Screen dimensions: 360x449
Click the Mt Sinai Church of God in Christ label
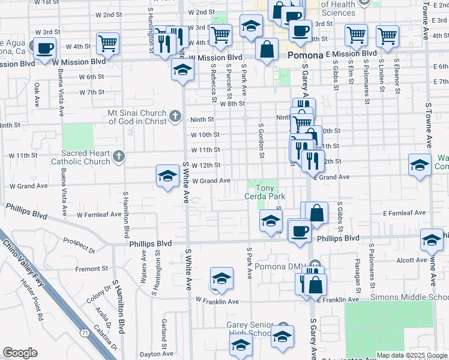coord(137,116)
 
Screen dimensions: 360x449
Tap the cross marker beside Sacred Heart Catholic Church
coord(119,157)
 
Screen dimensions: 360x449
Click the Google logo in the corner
coord(20,353)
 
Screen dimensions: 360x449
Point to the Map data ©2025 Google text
coord(412,355)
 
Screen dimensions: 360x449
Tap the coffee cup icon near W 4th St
coord(44,48)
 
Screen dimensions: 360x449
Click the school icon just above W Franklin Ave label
coord(221,278)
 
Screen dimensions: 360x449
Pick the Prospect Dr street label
coord(79,245)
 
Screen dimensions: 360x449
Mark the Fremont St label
coord(91,268)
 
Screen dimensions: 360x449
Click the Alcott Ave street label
coord(412,260)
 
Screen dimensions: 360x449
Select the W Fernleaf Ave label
coord(100,214)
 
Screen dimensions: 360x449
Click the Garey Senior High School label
coord(249,329)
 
